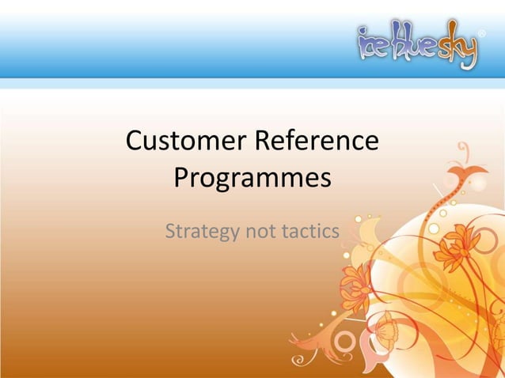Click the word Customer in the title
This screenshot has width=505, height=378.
[x=185, y=142]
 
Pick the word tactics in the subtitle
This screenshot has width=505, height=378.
[x=311, y=232]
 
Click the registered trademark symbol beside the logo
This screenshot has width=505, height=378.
[x=483, y=34]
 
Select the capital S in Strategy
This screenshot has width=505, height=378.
[x=171, y=232]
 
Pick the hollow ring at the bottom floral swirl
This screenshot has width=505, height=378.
[x=345, y=342]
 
